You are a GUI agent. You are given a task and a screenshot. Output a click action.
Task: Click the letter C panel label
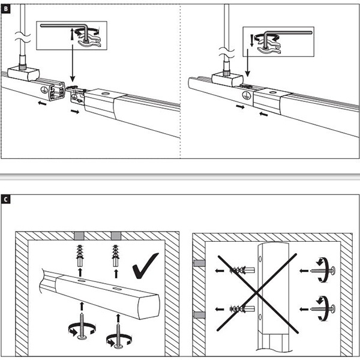click(x=6, y=199)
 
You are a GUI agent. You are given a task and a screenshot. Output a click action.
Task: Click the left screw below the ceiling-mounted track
click(x=80, y=325)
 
